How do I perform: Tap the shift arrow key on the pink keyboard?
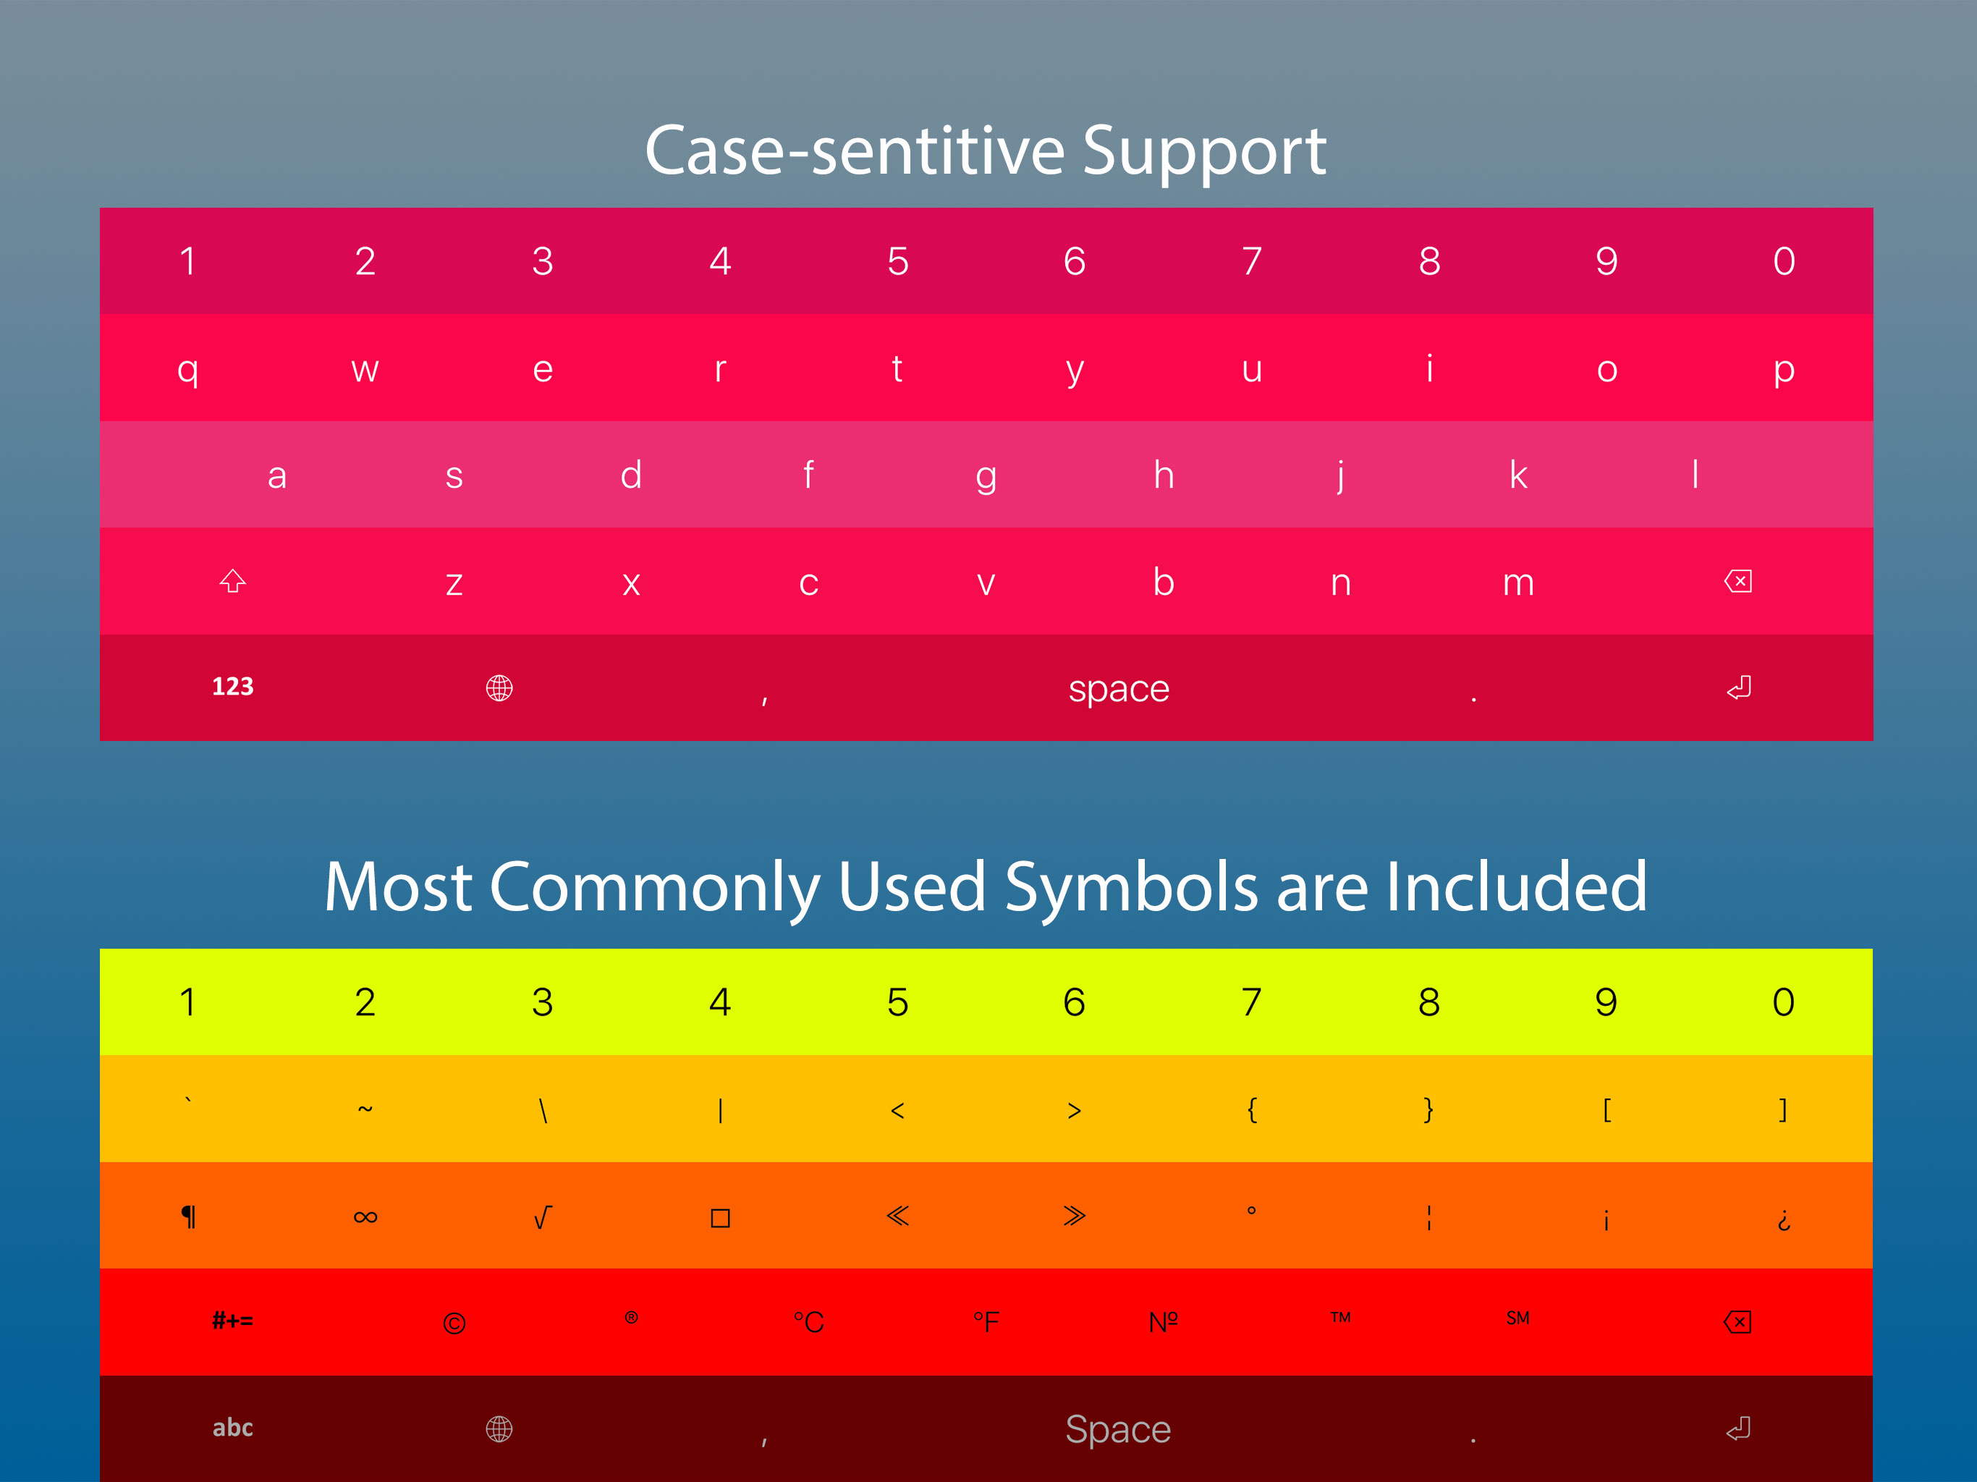tap(232, 582)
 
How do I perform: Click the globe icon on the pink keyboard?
tap(499, 688)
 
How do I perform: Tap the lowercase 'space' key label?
tap(1119, 689)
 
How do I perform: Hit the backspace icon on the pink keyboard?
tap(1737, 582)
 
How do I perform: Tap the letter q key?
tap(187, 369)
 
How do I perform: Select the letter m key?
tap(1517, 583)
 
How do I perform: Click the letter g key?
tap(986, 476)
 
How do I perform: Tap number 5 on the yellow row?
tap(897, 1002)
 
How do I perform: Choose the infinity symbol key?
tap(365, 1217)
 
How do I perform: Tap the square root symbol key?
tap(543, 1217)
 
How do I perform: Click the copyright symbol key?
tap(454, 1323)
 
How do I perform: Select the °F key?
tap(986, 1322)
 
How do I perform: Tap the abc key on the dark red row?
tap(232, 1428)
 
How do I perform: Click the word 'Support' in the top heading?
tap(1204, 152)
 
